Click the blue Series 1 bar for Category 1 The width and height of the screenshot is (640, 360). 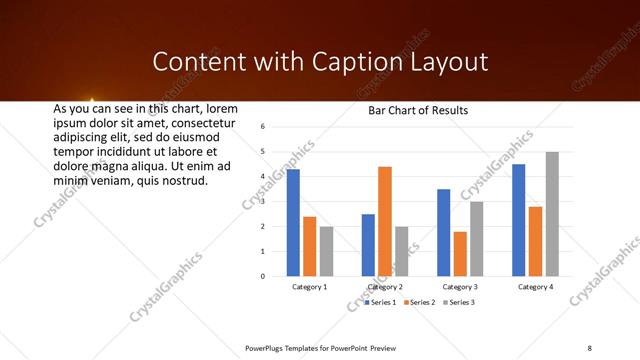(293, 223)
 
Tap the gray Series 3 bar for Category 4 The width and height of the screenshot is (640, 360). (552, 214)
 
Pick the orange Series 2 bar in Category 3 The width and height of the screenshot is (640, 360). (460, 254)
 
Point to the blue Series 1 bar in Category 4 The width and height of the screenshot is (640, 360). (518, 220)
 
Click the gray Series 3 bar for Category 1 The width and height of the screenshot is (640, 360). (327, 251)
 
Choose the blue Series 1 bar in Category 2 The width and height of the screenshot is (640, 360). (368, 245)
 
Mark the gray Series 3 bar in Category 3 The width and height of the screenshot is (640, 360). (477, 239)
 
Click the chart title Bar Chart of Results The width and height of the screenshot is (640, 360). (417, 111)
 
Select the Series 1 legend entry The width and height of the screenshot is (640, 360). (381, 301)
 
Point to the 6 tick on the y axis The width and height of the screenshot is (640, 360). (261, 127)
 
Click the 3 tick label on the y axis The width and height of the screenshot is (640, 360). (261, 202)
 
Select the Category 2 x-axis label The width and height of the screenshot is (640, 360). (385, 287)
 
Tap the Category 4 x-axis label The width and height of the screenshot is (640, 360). (535, 287)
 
